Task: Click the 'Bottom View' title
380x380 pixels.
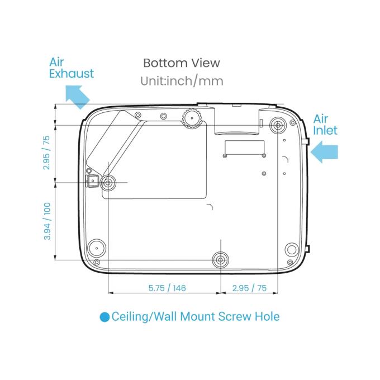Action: pos(182,63)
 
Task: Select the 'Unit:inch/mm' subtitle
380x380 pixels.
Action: pos(182,81)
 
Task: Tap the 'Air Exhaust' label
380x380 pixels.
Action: pos(72,68)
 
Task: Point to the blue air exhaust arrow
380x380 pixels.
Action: pos(78,97)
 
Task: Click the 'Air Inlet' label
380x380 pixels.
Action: pos(325,125)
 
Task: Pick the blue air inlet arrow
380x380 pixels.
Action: pos(324,152)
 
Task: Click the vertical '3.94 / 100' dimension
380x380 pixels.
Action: pos(47,221)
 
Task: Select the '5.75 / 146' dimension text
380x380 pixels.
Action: pos(167,288)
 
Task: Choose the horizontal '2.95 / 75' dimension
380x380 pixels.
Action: pos(249,288)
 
